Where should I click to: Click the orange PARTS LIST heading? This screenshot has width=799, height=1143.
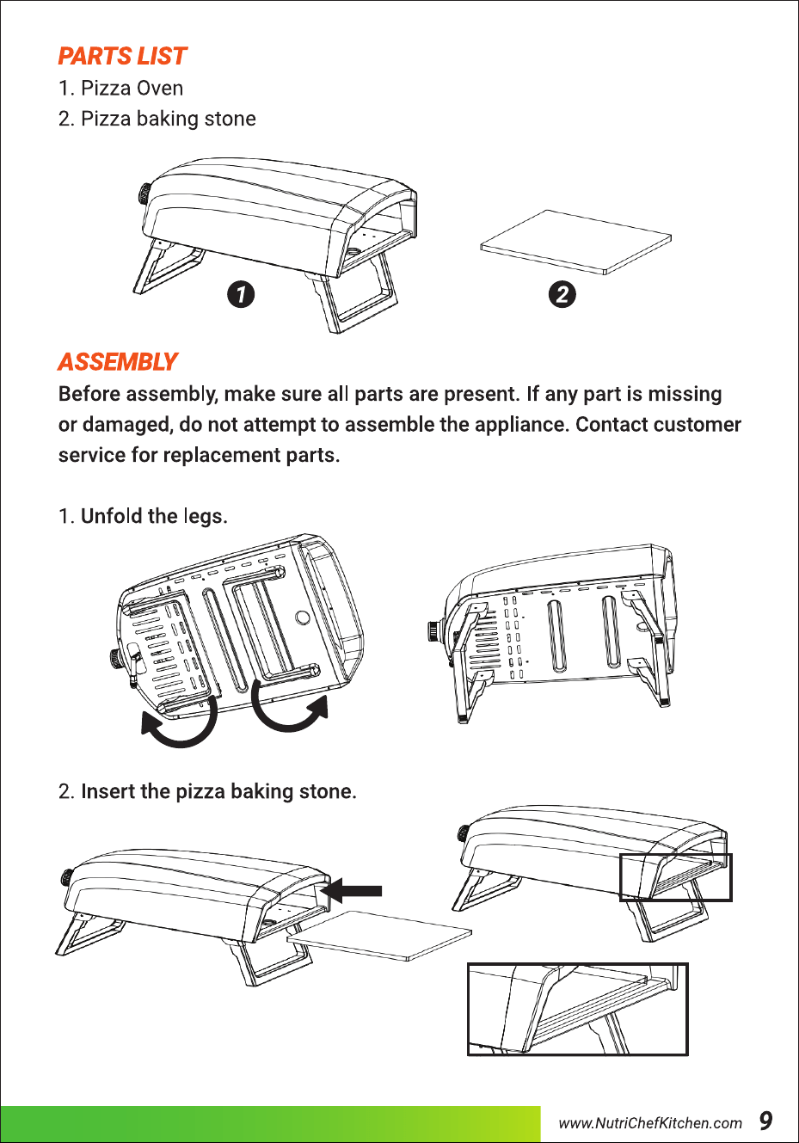(122, 56)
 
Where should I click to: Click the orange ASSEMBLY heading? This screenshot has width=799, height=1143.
(118, 362)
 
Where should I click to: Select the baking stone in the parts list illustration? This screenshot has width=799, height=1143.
(575, 242)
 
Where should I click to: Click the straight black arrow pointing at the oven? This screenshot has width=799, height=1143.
(351, 891)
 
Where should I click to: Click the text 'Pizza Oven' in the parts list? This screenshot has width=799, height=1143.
(132, 89)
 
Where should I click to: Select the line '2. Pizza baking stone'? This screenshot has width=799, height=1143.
(157, 119)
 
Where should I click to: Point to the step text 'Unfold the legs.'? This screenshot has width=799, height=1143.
(154, 516)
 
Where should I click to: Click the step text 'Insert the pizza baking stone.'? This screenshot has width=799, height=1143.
(218, 791)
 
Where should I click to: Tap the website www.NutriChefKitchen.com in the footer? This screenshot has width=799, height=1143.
(650, 1123)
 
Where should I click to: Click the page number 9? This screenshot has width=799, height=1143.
(765, 1121)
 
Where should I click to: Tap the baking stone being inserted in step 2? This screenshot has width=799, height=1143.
(379, 936)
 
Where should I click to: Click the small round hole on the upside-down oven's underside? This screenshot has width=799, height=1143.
(303, 618)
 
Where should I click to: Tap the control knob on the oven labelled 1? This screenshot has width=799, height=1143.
(144, 195)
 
